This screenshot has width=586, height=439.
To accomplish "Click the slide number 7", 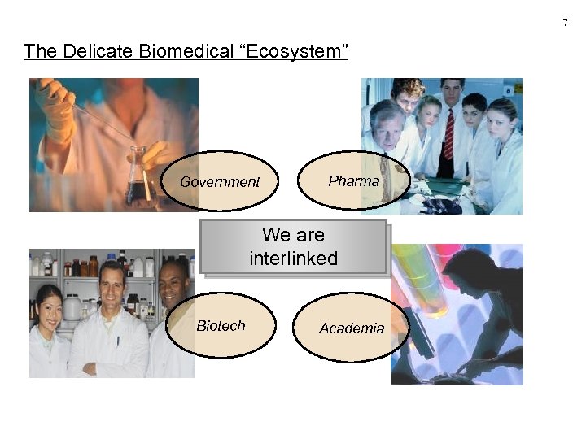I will point(565,22).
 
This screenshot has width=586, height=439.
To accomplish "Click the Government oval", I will point(220,181).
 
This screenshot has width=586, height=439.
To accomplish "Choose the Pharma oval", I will point(353,180).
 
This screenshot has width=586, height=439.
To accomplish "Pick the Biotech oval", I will point(221,325).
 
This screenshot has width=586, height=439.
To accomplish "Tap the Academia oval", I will point(351,328).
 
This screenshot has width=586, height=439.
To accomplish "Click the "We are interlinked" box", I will point(293,247).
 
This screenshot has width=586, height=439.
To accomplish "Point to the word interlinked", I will point(293,259).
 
